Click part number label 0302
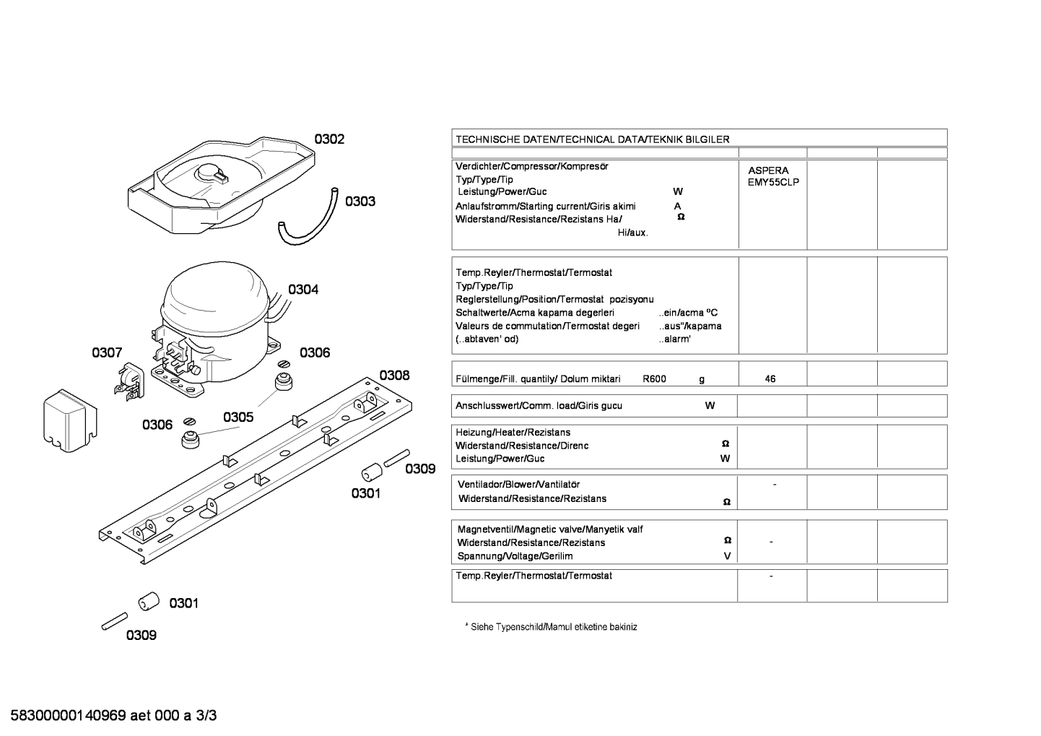point(329,139)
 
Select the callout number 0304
point(303,290)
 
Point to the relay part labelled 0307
point(129,381)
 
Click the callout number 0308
point(395,375)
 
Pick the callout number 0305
point(238,417)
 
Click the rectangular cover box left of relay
point(70,420)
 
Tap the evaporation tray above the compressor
point(221,186)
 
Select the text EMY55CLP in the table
point(773,182)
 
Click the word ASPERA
point(768,170)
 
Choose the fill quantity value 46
point(770,379)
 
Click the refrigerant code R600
point(654,379)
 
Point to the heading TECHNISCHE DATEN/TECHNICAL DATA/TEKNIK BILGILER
point(593,139)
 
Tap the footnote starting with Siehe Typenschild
point(551,627)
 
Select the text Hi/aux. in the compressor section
point(632,233)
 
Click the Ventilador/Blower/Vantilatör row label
point(518,485)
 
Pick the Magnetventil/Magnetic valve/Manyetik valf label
point(550,529)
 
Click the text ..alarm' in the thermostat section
point(675,339)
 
